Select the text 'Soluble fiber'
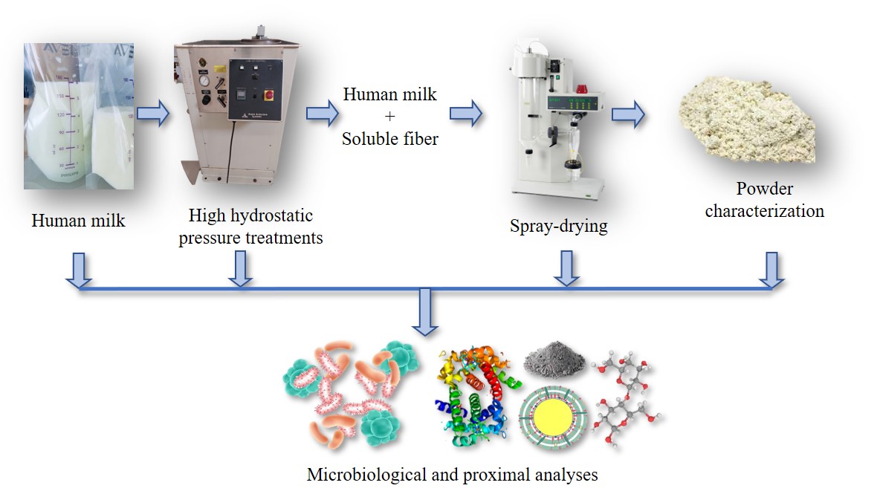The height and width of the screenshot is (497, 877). pos(389,137)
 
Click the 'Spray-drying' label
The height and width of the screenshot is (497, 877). pos(558,225)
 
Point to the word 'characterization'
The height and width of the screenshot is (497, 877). pos(764,211)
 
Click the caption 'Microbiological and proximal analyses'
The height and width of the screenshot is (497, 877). pos(452,474)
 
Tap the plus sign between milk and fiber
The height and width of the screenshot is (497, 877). pos(389,116)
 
